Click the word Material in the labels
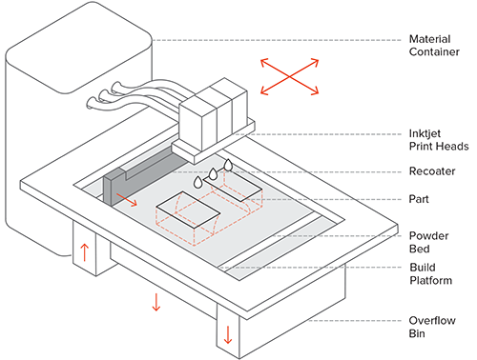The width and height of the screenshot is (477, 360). (429, 39)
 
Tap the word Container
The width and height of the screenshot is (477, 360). (434, 51)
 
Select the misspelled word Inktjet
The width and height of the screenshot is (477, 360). (425, 134)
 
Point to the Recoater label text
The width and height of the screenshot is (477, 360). (432, 171)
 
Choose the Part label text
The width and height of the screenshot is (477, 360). (419, 199)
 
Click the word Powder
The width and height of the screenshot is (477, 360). (428, 236)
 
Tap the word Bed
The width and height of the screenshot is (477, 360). (419, 249)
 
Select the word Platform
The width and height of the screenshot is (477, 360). (430, 280)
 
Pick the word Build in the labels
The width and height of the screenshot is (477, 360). (423, 268)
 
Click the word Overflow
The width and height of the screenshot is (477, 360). (432, 321)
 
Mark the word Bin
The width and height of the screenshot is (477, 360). (417, 333)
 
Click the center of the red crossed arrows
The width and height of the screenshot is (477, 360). (290, 76)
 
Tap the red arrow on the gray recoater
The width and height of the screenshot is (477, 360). (127, 199)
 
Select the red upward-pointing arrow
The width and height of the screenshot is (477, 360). (84, 252)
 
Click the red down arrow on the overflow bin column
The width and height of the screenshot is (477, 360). (228, 335)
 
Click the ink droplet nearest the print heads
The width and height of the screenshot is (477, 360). (228, 165)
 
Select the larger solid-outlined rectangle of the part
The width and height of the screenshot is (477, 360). (188, 210)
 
